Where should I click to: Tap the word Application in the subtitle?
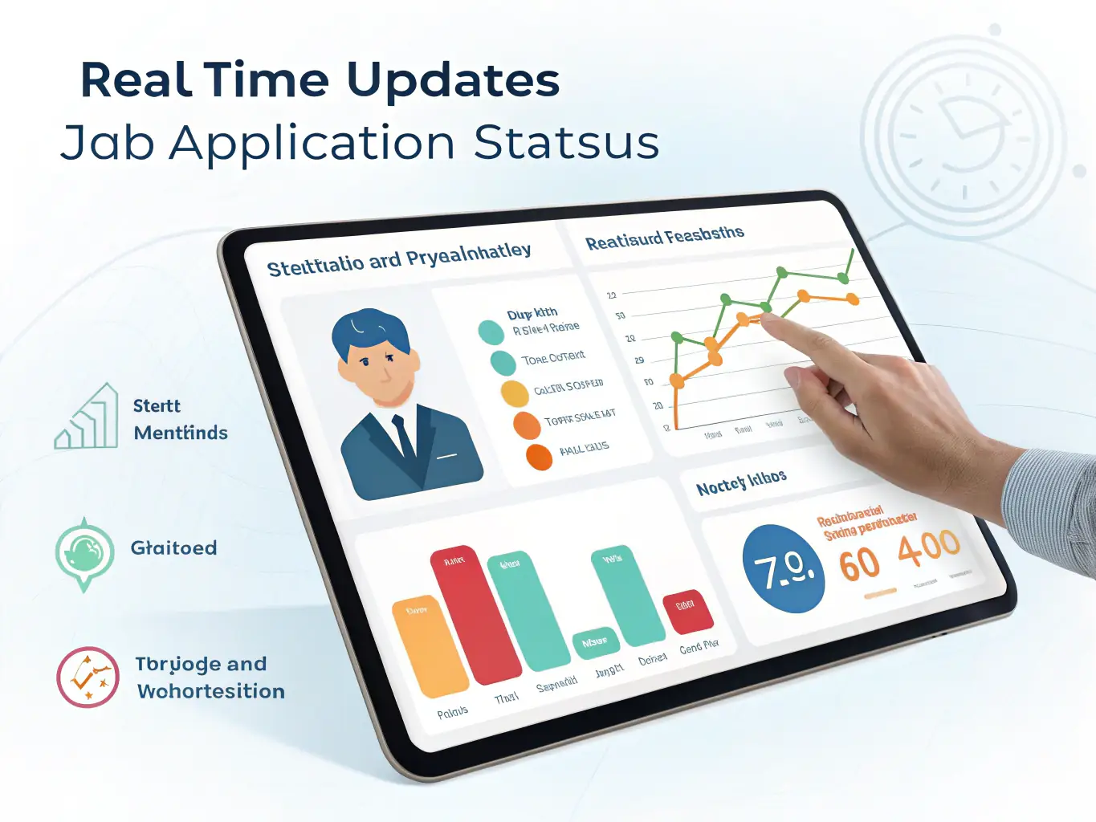(x=313, y=144)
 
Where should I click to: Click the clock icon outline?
(x=964, y=132)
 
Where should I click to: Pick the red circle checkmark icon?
(x=88, y=677)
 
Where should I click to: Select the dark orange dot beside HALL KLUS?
(x=539, y=456)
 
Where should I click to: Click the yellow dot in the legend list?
(x=515, y=393)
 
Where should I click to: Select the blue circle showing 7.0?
(x=783, y=569)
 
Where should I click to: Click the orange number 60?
(x=859, y=564)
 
